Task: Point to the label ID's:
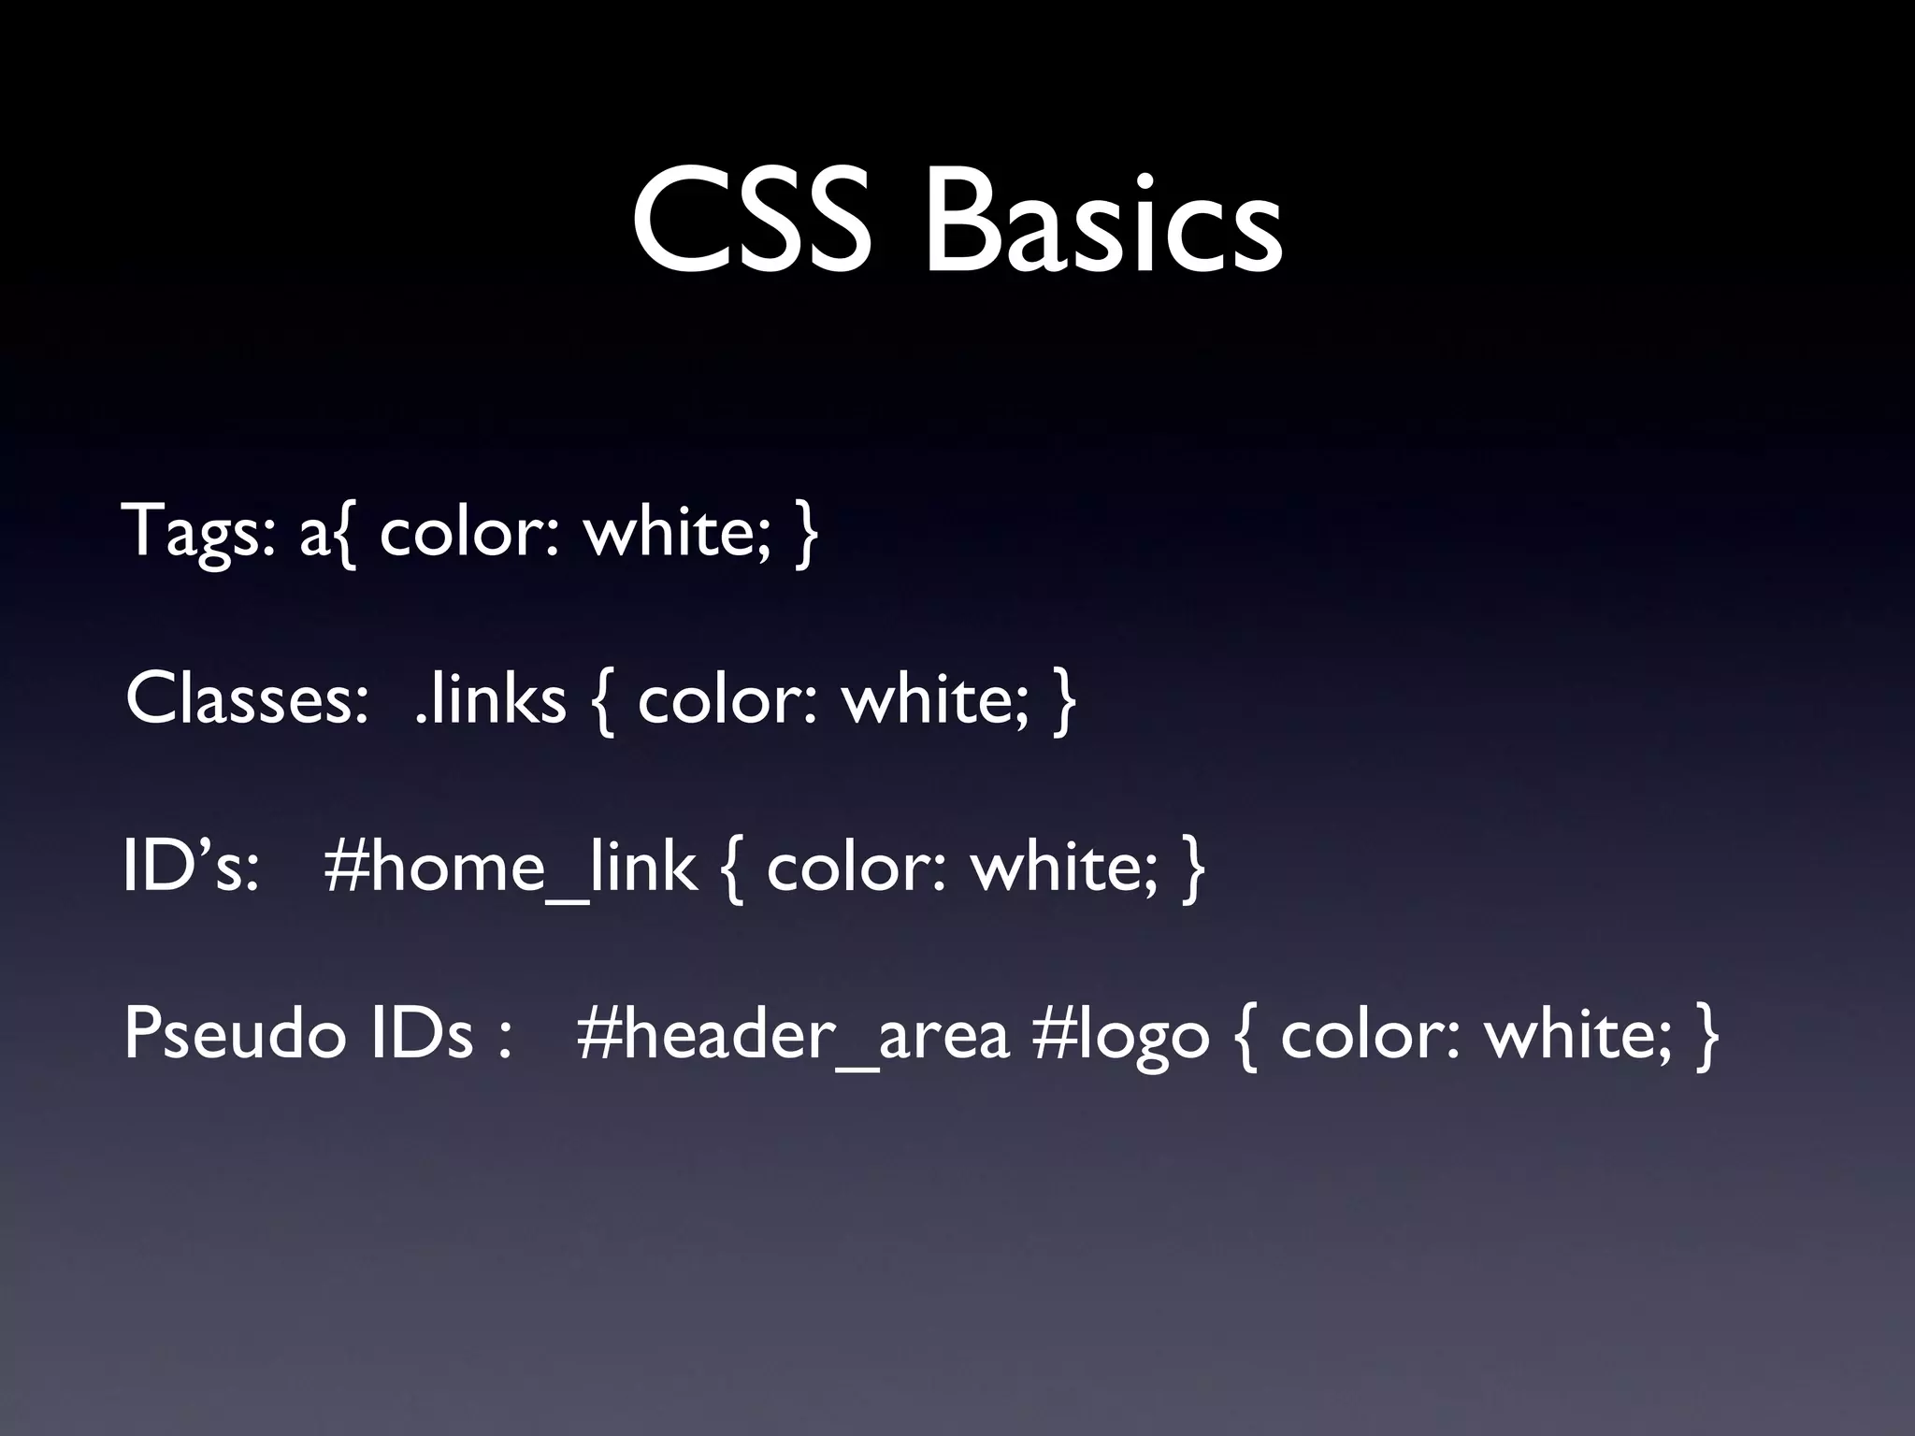(x=191, y=867)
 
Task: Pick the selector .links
(x=490, y=699)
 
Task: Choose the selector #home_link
(x=510, y=869)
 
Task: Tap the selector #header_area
(x=793, y=1036)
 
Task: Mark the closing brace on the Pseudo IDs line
(x=1706, y=1036)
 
